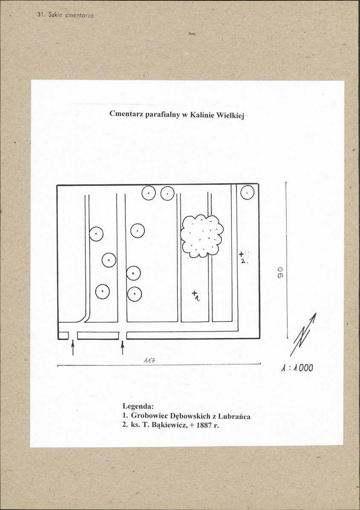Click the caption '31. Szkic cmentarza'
(65, 15)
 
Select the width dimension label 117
(150, 361)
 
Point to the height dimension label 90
(279, 272)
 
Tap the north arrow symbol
(303, 334)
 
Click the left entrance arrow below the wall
(72, 347)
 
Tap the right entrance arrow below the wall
(122, 347)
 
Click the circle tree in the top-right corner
(248, 192)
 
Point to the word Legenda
(138, 406)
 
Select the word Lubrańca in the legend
(234, 416)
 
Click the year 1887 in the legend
(204, 425)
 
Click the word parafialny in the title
(161, 115)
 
